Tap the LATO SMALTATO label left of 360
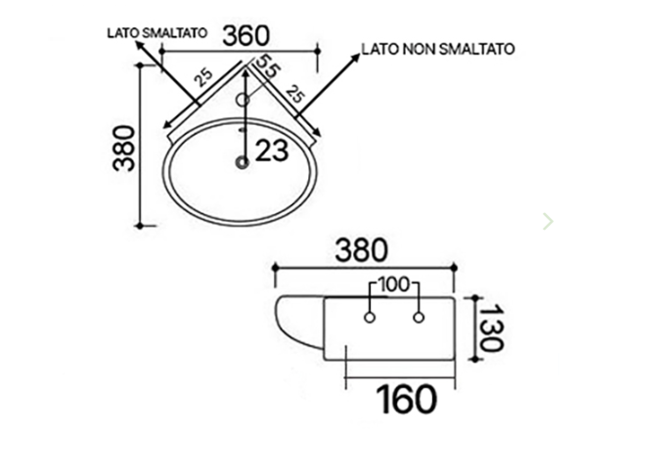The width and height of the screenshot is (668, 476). [x=156, y=32]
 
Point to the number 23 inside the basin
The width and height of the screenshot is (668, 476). [x=274, y=150]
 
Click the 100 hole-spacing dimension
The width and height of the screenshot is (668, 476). [x=394, y=286]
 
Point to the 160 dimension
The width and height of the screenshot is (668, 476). [x=403, y=398]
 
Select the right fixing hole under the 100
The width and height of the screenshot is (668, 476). [x=419, y=318]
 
